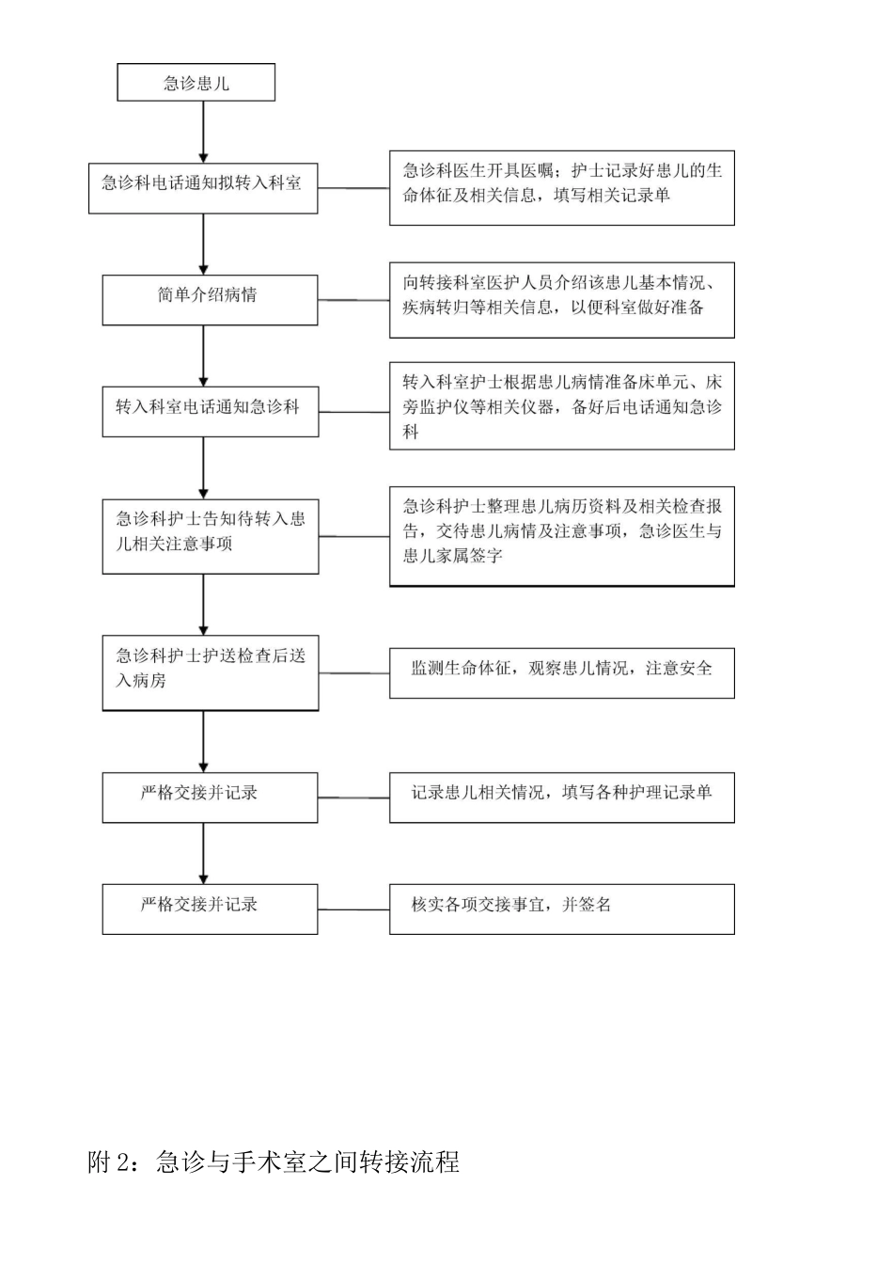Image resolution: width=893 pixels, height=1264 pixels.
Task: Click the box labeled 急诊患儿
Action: [x=196, y=83]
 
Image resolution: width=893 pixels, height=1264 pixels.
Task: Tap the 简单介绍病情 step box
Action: [x=210, y=300]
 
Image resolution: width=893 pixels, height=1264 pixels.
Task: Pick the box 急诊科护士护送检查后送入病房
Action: [x=210, y=671]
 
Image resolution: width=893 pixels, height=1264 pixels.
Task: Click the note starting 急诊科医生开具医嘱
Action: [x=561, y=188]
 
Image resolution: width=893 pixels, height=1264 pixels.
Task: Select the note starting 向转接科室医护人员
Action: [x=561, y=300]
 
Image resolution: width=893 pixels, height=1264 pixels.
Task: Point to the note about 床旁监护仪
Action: [x=561, y=406]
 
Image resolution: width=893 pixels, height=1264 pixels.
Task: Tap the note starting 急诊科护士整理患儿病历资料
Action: [x=561, y=536]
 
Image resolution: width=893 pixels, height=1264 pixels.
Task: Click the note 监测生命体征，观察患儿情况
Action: [x=561, y=672]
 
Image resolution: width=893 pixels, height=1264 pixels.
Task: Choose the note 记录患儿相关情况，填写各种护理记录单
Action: [x=561, y=798]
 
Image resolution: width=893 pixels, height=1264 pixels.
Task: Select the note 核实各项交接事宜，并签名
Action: [x=561, y=908]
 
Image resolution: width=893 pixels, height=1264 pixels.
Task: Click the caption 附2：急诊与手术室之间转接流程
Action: [x=274, y=1162]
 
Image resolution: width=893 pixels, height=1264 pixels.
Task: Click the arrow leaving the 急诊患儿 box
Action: [x=203, y=132]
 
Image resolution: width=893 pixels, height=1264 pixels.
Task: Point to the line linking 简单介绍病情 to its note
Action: [x=353, y=300]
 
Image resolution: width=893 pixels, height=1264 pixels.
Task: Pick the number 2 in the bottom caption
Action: [x=121, y=1163]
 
